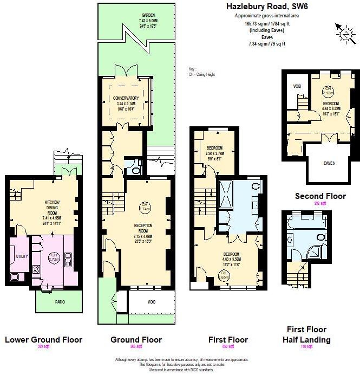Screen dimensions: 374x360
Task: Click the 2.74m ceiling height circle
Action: (x=145, y=207)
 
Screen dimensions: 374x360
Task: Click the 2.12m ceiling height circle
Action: (x=328, y=91)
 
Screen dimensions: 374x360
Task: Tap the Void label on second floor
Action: (x=297, y=86)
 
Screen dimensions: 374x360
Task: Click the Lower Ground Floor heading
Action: (x=43, y=340)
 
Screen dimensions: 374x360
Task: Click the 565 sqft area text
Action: (x=136, y=346)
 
